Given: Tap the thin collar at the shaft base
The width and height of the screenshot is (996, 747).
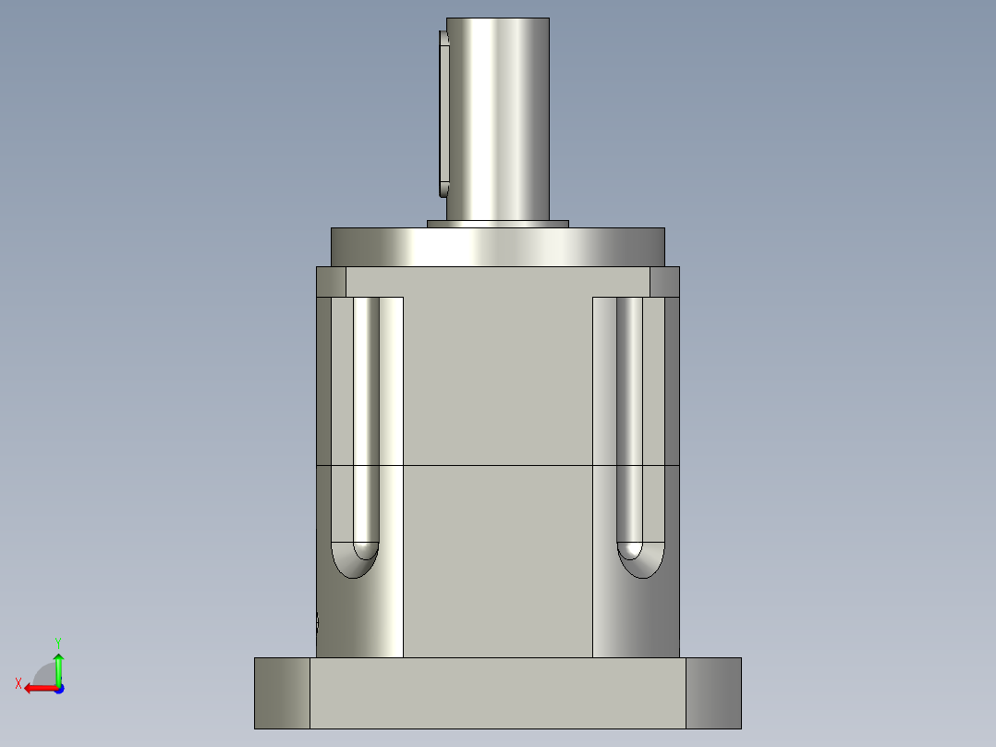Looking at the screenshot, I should (497, 224).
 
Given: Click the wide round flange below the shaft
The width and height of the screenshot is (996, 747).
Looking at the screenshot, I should (497, 247).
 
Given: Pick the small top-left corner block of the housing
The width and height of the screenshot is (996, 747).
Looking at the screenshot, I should (331, 282).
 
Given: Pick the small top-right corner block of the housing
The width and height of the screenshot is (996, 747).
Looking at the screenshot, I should (664, 282).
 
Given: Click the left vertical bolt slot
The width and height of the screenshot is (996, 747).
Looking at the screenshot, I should (366, 416).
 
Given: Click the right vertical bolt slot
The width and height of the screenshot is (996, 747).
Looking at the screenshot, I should (630, 416).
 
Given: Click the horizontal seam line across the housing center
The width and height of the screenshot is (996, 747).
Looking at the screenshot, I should (497, 465).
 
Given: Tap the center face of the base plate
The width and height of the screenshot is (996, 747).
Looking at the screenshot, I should (497, 692).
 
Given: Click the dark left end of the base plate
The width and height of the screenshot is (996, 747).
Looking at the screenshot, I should (282, 692).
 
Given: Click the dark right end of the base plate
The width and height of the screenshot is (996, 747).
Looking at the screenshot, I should (713, 692).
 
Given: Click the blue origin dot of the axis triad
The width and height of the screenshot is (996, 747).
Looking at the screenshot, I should (58, 689).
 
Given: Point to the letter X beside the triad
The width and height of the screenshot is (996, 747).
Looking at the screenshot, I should (18, 683).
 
